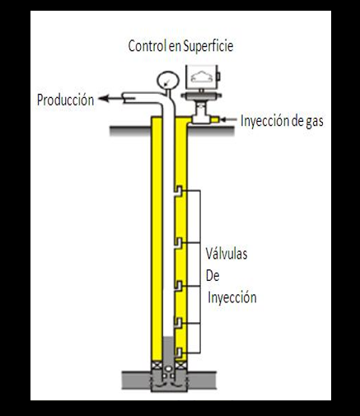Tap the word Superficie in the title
click(208, 46)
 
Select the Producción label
click(65, 100)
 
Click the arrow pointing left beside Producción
click(110, 98)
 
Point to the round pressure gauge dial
click(168, 81)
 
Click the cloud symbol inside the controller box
click(202, 77)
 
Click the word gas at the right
click(315, 122)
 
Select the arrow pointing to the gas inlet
click(229, 119)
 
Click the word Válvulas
click(227, 254)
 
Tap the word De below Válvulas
click(213, 275)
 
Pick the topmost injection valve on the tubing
click(179, 190)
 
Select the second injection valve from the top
click(179, 243)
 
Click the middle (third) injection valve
click(179, 286)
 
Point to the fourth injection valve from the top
click(179, 323)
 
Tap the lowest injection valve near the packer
click(179, 353)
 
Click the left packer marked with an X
click(157, 366)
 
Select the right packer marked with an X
click(180, 366)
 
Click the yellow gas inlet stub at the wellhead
click(214, 119)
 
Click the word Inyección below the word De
click(232, 297)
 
